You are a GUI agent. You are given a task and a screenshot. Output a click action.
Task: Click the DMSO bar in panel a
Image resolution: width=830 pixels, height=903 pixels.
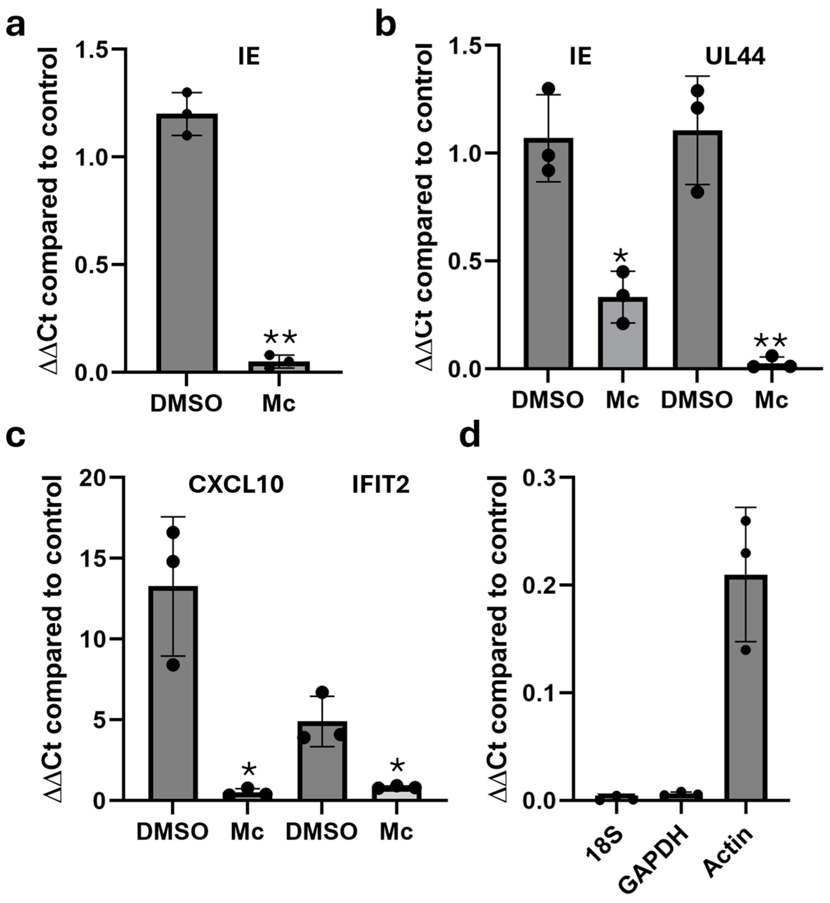click(x=187, y=243)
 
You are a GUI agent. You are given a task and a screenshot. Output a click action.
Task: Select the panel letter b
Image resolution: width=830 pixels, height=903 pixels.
click(x=386, y=25)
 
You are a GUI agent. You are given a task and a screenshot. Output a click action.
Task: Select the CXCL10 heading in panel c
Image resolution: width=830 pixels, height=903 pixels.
click(x=236, y=485)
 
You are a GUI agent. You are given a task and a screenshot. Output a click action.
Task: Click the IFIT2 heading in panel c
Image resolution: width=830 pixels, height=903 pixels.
click(x=381, y=485)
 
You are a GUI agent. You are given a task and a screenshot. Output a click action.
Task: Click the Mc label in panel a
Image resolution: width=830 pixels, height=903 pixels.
click(x=279, y=404)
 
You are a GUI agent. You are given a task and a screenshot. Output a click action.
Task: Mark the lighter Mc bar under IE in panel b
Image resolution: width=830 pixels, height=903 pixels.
click(x=622, y=333)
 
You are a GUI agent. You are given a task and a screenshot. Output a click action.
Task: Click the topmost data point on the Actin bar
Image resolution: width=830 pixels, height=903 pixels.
click(x=746, y=521)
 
